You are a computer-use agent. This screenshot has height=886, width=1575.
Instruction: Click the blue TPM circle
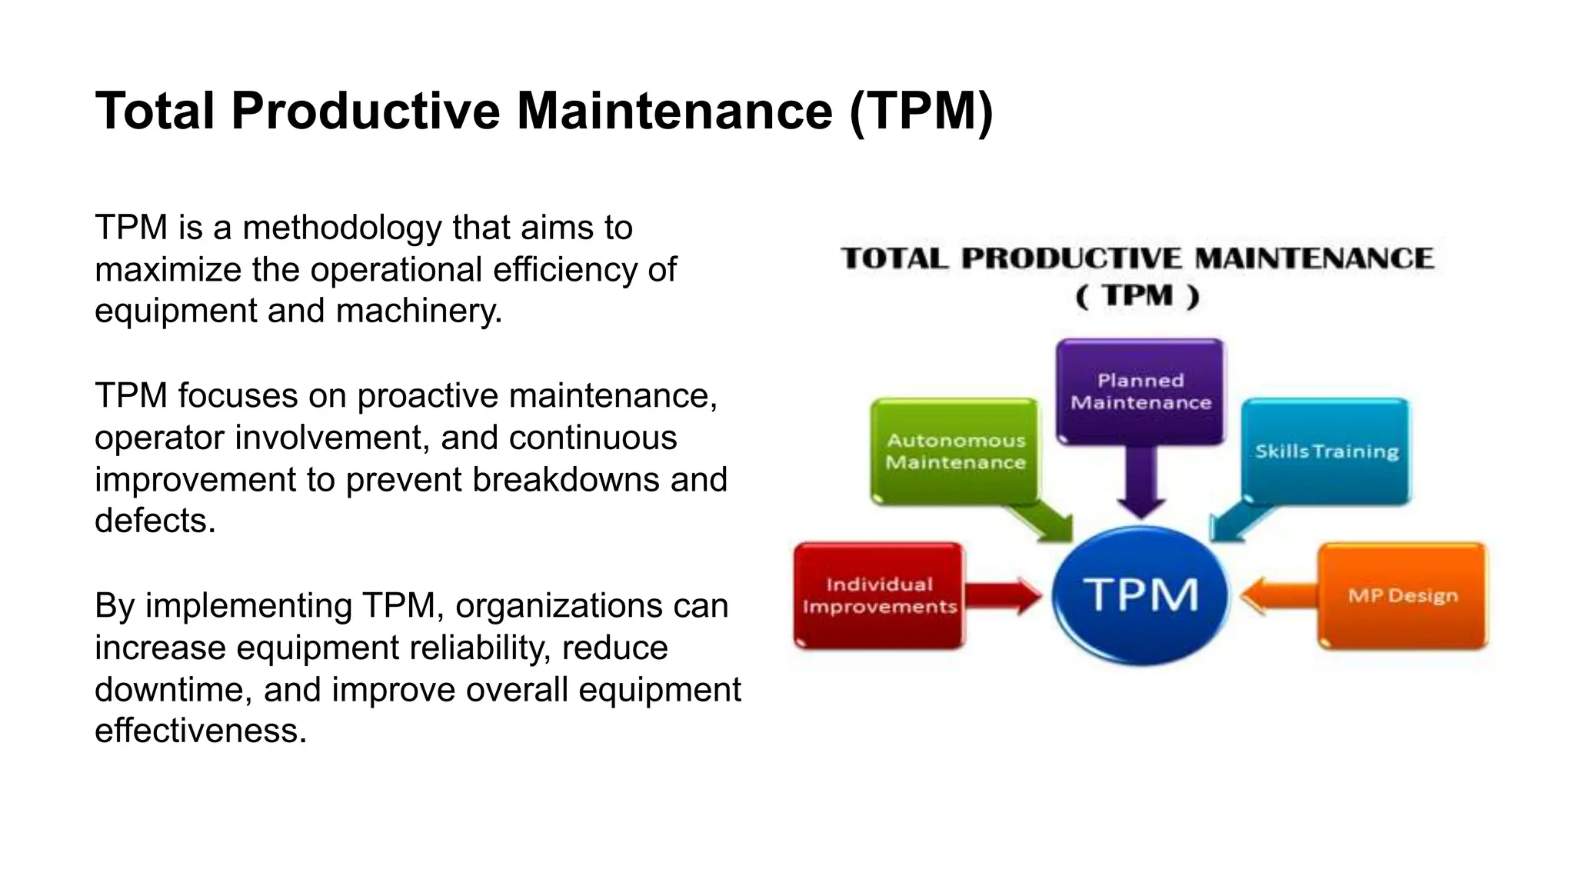[x=1140, y=595]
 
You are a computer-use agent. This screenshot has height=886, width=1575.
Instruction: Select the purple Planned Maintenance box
[x=1140, y=391]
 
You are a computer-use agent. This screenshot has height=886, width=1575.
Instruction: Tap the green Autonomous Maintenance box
[x=954, y=451]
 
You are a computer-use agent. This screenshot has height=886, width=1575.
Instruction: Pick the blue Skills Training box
[x=1327, y=451]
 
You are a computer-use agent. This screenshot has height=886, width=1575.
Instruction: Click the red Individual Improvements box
[x=879, y=595]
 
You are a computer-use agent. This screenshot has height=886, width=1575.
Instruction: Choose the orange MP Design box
[x=1403, y=596]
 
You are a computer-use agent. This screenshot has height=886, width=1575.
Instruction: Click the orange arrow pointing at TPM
[x=1277, y=596]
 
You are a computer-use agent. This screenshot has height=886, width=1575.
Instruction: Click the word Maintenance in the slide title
[x=674, y=111]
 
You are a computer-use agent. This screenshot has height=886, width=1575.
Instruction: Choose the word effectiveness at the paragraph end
[x=200, y=731]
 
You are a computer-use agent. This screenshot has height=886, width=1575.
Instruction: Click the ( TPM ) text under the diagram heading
[x=1137, y=296]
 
